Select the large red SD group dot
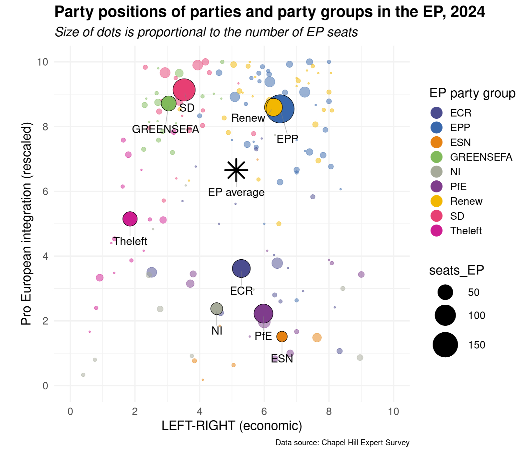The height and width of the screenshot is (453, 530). pos(184,90)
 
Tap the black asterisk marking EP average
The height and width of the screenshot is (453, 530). pos(236,170)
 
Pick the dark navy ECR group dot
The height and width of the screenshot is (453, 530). pos(241,269)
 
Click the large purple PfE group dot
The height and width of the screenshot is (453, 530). pos(263,314)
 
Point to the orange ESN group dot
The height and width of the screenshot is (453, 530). pos(282,337)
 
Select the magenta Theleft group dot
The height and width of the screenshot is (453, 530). pos(130,219)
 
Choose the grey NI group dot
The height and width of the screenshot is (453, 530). pos(216,309)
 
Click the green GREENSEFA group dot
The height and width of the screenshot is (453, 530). pos(168,104)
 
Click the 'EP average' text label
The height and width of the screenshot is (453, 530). pos(236,192)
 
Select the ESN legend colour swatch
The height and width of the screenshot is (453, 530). pos(436,142)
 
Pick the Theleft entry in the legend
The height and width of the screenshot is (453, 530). pos(466,231)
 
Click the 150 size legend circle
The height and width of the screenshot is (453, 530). pos(445,345)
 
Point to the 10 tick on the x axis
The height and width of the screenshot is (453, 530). pos(393,411)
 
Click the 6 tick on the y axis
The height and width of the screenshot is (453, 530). pos(45,191)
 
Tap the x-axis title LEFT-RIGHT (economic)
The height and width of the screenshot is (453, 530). pos(232,426)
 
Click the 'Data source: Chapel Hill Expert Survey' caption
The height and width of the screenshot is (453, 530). pos(342,443)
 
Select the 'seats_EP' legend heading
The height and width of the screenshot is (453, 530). pos(456,270)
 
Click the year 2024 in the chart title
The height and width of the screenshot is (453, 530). pos(467,12)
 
